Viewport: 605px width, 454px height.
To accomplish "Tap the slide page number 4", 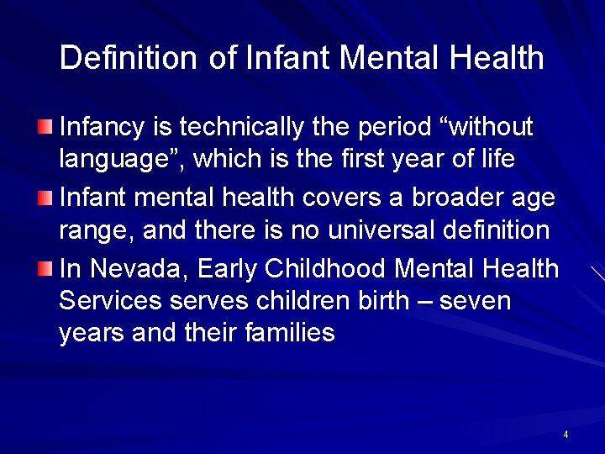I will pyautogui.click(x=566, y=435).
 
